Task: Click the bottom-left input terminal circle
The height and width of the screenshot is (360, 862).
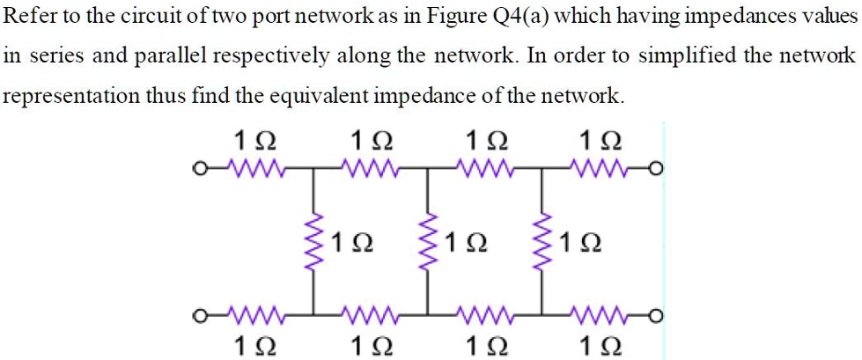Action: [202, 312]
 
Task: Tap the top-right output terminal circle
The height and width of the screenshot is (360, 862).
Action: [655, 170]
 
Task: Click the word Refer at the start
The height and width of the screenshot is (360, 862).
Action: [29, 18]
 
